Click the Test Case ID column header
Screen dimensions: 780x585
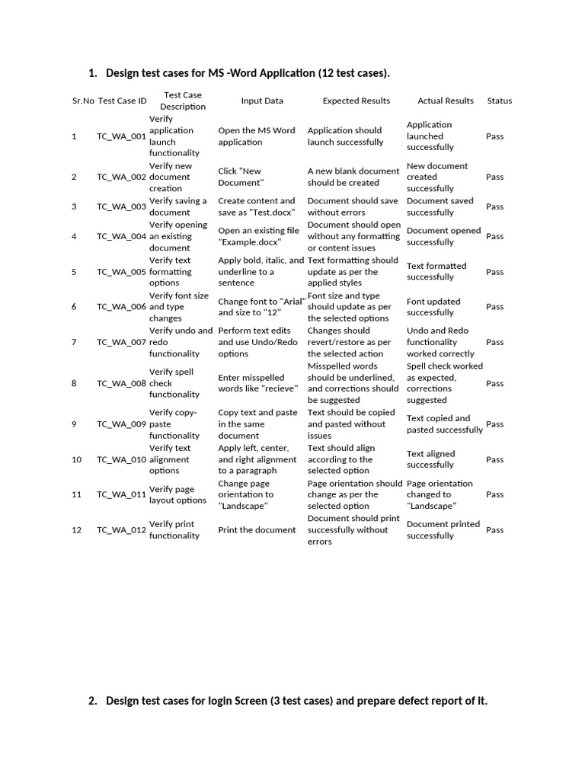coord(122,101)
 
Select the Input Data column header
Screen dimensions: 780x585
coord(262,101)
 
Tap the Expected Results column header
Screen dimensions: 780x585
coord(356,101)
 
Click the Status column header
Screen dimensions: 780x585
coord(499,101)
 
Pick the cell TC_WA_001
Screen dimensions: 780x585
coord(121,136)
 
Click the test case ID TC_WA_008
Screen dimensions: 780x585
coord(121,383)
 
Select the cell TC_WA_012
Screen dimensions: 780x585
coord(121,530)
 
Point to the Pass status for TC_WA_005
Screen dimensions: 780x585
coord(494,272)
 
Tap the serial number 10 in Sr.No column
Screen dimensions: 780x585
coord(76,460)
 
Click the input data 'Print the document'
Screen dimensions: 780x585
coord(257,530)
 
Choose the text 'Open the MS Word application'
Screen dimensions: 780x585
coord(257,136)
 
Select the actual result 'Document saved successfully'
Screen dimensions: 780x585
coord(440,206)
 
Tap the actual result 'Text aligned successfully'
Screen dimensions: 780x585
coord(430,459)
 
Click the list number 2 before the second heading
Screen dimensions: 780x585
coord(92,701)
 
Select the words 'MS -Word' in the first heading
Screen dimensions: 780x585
coord(229,73)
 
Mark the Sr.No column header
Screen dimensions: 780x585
coord(82,101)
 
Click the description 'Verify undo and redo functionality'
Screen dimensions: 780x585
coord(181,342)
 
